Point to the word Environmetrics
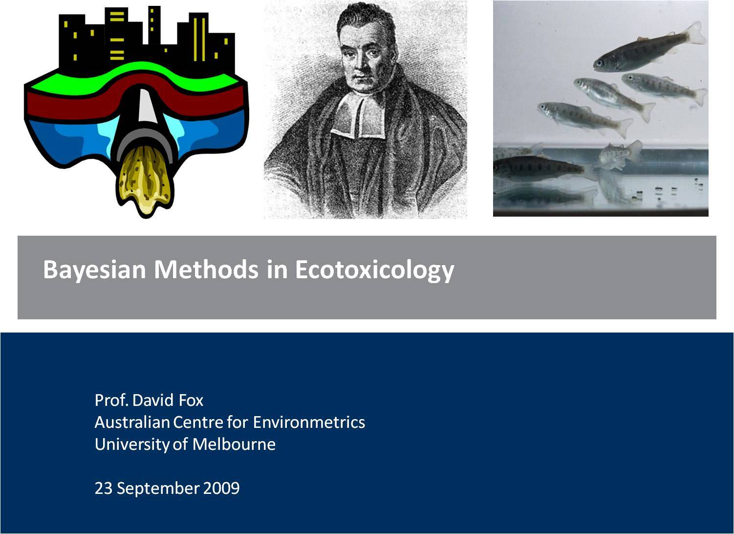309,422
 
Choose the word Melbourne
234,444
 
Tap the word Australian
132,422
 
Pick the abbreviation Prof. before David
111,400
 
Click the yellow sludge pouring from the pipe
145,180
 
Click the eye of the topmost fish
599,62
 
